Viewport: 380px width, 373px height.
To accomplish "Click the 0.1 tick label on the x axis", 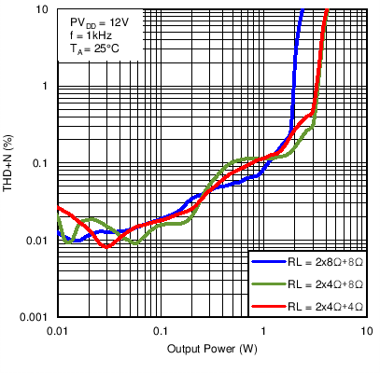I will coord(161,332).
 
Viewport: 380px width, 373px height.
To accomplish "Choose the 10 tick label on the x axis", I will coord(366,332).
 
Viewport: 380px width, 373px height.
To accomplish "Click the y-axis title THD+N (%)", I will coord(10,164).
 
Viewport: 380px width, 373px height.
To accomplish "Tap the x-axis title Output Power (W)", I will coord(212,350).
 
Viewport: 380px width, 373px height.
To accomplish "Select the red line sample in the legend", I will coord(267,306).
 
